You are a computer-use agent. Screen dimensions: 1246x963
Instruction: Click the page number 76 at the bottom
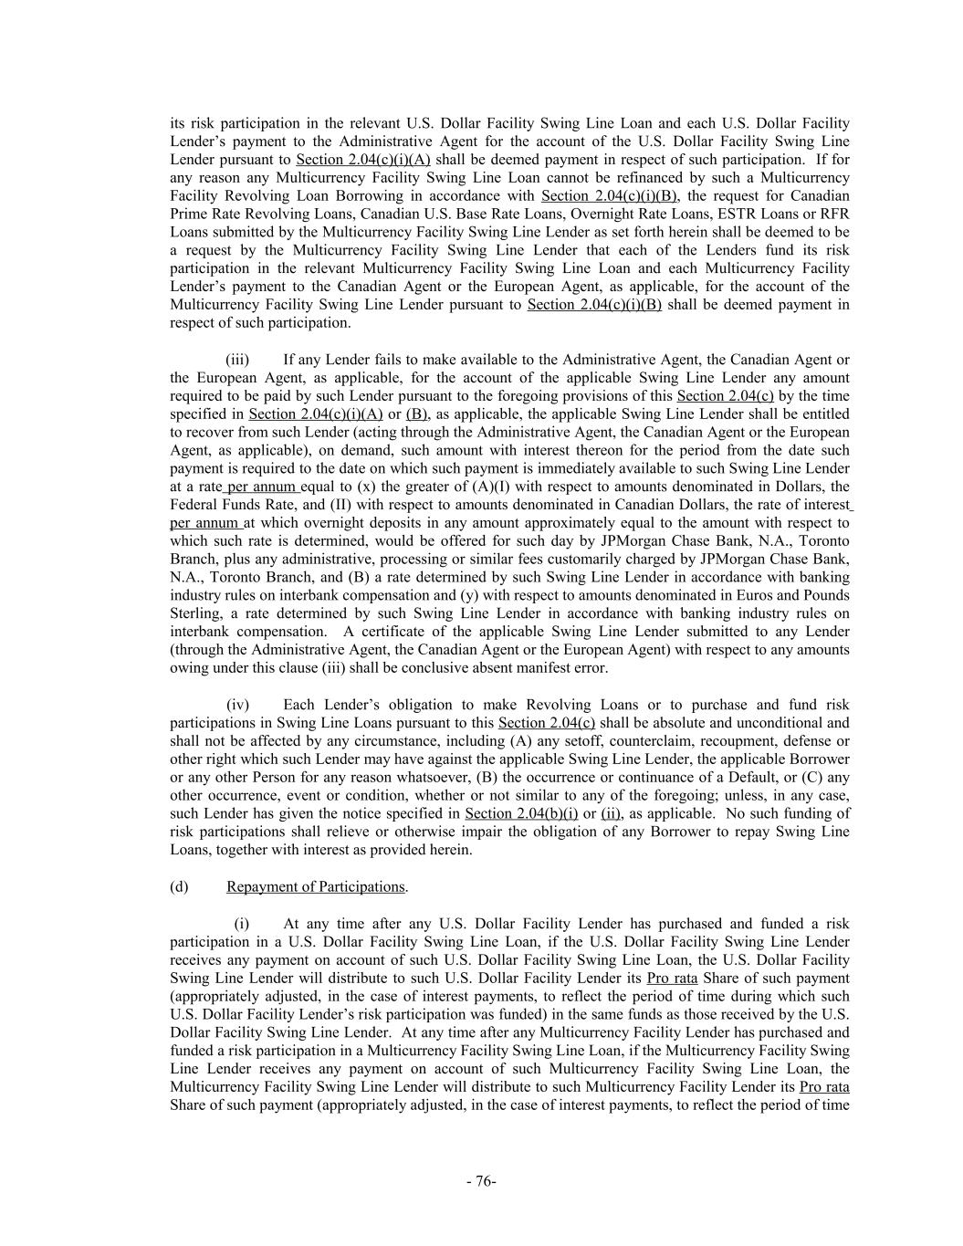(x=481, y=1181)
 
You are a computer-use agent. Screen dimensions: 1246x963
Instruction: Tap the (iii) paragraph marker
(x=237, y=360)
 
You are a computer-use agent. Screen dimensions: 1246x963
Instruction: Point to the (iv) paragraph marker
(x=237, y=705)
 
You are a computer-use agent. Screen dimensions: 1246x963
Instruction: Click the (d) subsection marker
(x=179, y=886)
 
